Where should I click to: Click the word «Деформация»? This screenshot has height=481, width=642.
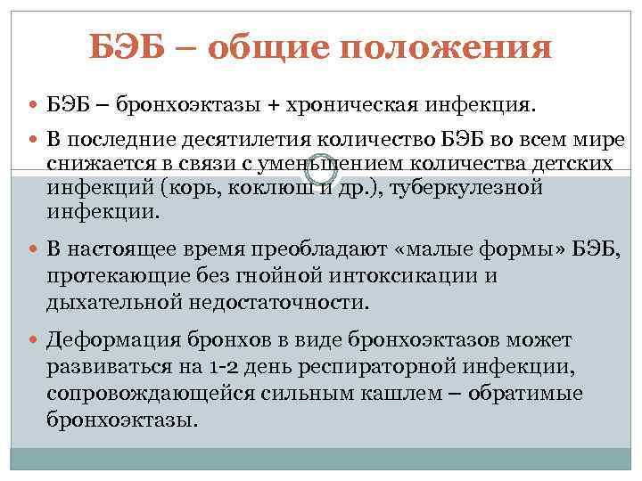115,341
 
